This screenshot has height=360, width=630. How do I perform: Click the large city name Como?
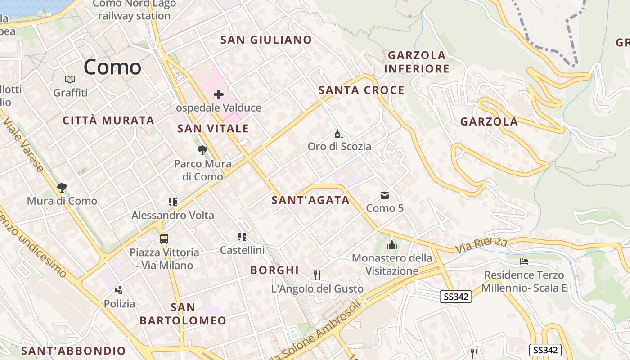[x=112, y=67]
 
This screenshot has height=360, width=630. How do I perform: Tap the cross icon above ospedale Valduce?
[x=219, y=94]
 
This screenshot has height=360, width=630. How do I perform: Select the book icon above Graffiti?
[x=70, y=80]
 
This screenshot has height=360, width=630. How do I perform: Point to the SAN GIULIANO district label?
[x=266, y=40]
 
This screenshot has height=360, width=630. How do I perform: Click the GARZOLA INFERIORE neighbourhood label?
[x=417, y=62]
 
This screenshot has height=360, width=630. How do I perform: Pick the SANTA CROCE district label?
[x=361, y=90]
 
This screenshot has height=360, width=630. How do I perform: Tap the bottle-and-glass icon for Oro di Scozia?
[x=339, y=134]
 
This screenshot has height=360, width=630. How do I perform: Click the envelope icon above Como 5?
[x=385, y=195]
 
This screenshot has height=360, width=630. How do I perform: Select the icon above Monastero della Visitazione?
[x=392, y=245]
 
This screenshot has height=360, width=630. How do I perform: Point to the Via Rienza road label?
[x=481, y=245]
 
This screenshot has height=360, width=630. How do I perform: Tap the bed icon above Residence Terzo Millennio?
[x=524, y=261]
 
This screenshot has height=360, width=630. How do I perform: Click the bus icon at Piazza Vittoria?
[x=164, y=239]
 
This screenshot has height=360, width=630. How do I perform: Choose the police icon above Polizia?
[x=119, y=290]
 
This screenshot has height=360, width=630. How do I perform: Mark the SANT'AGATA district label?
[x=310, y=201]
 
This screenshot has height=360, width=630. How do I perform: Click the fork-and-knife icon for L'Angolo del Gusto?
[x=317, y=275]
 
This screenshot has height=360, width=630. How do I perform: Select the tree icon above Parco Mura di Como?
[x=202, y=150]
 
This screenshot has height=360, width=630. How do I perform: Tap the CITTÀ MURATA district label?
[x=108, y=121]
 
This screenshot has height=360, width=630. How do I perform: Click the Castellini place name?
[x=242, y=250]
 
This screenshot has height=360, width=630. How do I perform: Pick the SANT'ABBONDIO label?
[x=73, y=351]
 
